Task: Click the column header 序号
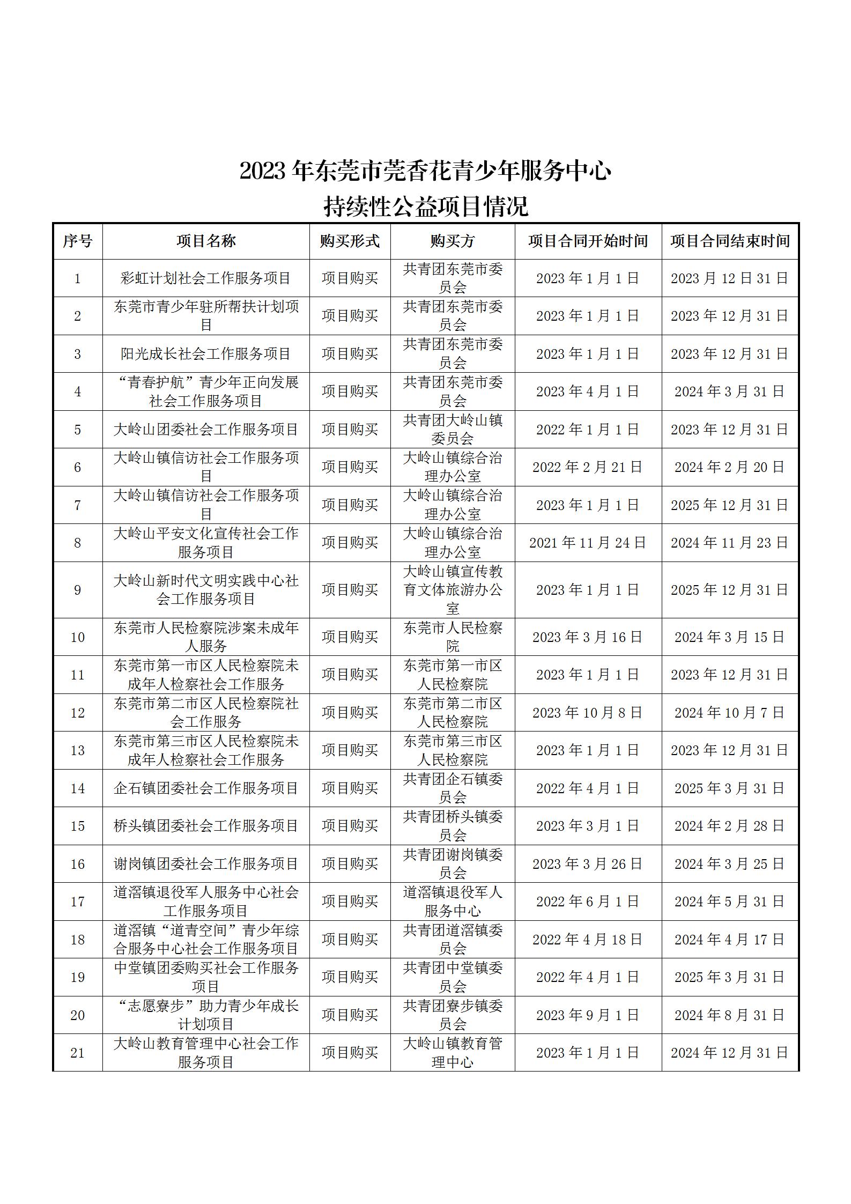(77, 241)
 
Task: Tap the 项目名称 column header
(206, 241)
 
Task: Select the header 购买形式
(350, 241)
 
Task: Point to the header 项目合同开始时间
(588, 241)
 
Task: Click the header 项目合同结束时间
(730, 241)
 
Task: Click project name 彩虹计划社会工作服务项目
(206, 278)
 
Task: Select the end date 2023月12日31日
(730, 278)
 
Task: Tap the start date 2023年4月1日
(588, 392)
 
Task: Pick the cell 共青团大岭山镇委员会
(453, 429)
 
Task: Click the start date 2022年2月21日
(588, 467)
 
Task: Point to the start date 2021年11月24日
(588, 543)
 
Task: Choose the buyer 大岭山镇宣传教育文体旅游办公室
(453, 589)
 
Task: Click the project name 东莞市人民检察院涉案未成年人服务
(206, 637)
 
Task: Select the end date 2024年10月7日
(730, 712)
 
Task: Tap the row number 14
(77, 788)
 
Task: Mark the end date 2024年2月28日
(730, 825)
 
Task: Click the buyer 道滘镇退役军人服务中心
(453, 901)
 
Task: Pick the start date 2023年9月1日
(588, 1015)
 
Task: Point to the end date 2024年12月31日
(730, 1053)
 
